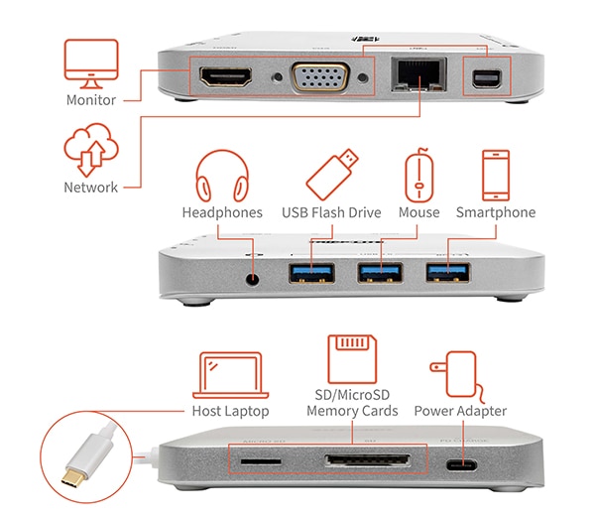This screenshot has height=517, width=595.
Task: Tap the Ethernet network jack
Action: coord(407,75)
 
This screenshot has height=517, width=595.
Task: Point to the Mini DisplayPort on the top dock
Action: coord(486,76)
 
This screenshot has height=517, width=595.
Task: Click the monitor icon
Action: coord(90,62)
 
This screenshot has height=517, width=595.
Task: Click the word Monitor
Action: coord(91,100)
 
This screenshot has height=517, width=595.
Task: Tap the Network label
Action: coord(91,187)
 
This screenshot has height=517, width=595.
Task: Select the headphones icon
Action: coord(221,176)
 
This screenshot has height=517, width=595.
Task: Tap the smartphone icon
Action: coord(495,175)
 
